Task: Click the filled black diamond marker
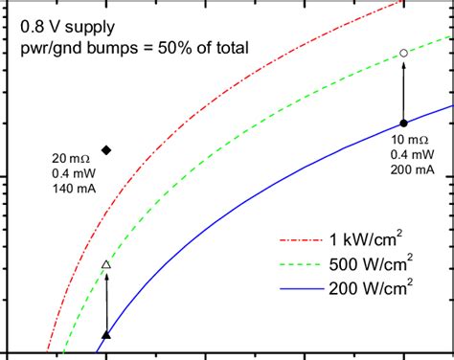(106, 149)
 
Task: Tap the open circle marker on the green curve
(403, 54)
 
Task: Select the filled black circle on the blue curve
(403, 123)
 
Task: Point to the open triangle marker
(106, 264)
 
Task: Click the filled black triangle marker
(106, 334)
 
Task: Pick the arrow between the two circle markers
(403, 88)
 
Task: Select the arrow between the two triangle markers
(106, 300)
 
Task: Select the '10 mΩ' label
(410, 140)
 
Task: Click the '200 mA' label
(410, 169)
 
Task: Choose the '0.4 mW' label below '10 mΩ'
(410, 155)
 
